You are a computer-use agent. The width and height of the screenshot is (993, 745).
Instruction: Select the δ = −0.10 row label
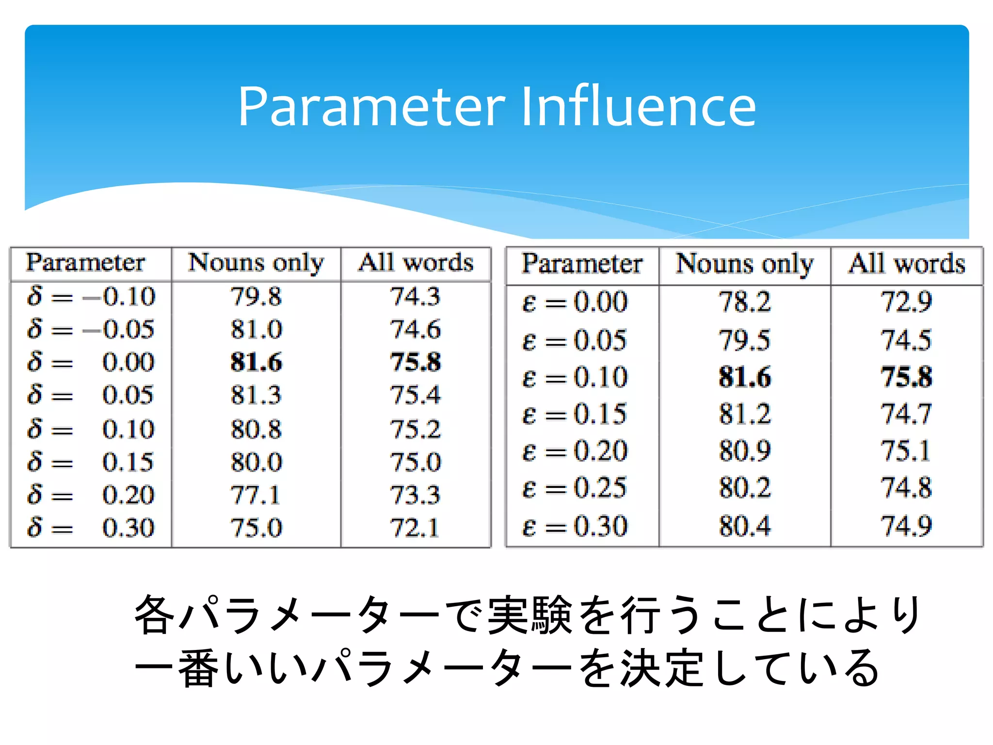(91, 296)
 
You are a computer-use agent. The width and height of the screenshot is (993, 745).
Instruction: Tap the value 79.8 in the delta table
(256, 296)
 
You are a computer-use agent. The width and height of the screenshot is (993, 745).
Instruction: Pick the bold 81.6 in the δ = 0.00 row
(256, 362)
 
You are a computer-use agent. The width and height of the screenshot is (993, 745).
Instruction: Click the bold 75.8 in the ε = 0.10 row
(906, 377)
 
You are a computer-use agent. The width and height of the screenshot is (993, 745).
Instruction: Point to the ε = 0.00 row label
(575, 302)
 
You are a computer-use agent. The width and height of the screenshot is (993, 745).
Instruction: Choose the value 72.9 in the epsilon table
(906, 302)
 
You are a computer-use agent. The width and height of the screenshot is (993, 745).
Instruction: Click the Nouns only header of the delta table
(256, 263)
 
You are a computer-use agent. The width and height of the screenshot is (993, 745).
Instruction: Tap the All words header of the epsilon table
(906, 264)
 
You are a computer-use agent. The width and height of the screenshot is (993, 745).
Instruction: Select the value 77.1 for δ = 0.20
(256, 495)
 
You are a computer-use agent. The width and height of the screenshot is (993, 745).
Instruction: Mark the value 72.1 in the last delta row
(415, 528)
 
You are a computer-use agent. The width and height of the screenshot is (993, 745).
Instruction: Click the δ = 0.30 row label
(91, 528)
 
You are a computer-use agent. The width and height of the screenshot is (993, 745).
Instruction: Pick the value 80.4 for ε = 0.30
(745, 526)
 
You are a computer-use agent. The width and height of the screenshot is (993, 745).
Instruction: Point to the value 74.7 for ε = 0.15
(906, 414)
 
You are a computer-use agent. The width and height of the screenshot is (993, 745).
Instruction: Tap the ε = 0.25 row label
(575, 488)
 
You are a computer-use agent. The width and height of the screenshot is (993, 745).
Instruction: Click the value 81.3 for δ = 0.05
(256, 395)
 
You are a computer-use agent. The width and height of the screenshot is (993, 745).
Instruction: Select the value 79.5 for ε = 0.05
(745, 340)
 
